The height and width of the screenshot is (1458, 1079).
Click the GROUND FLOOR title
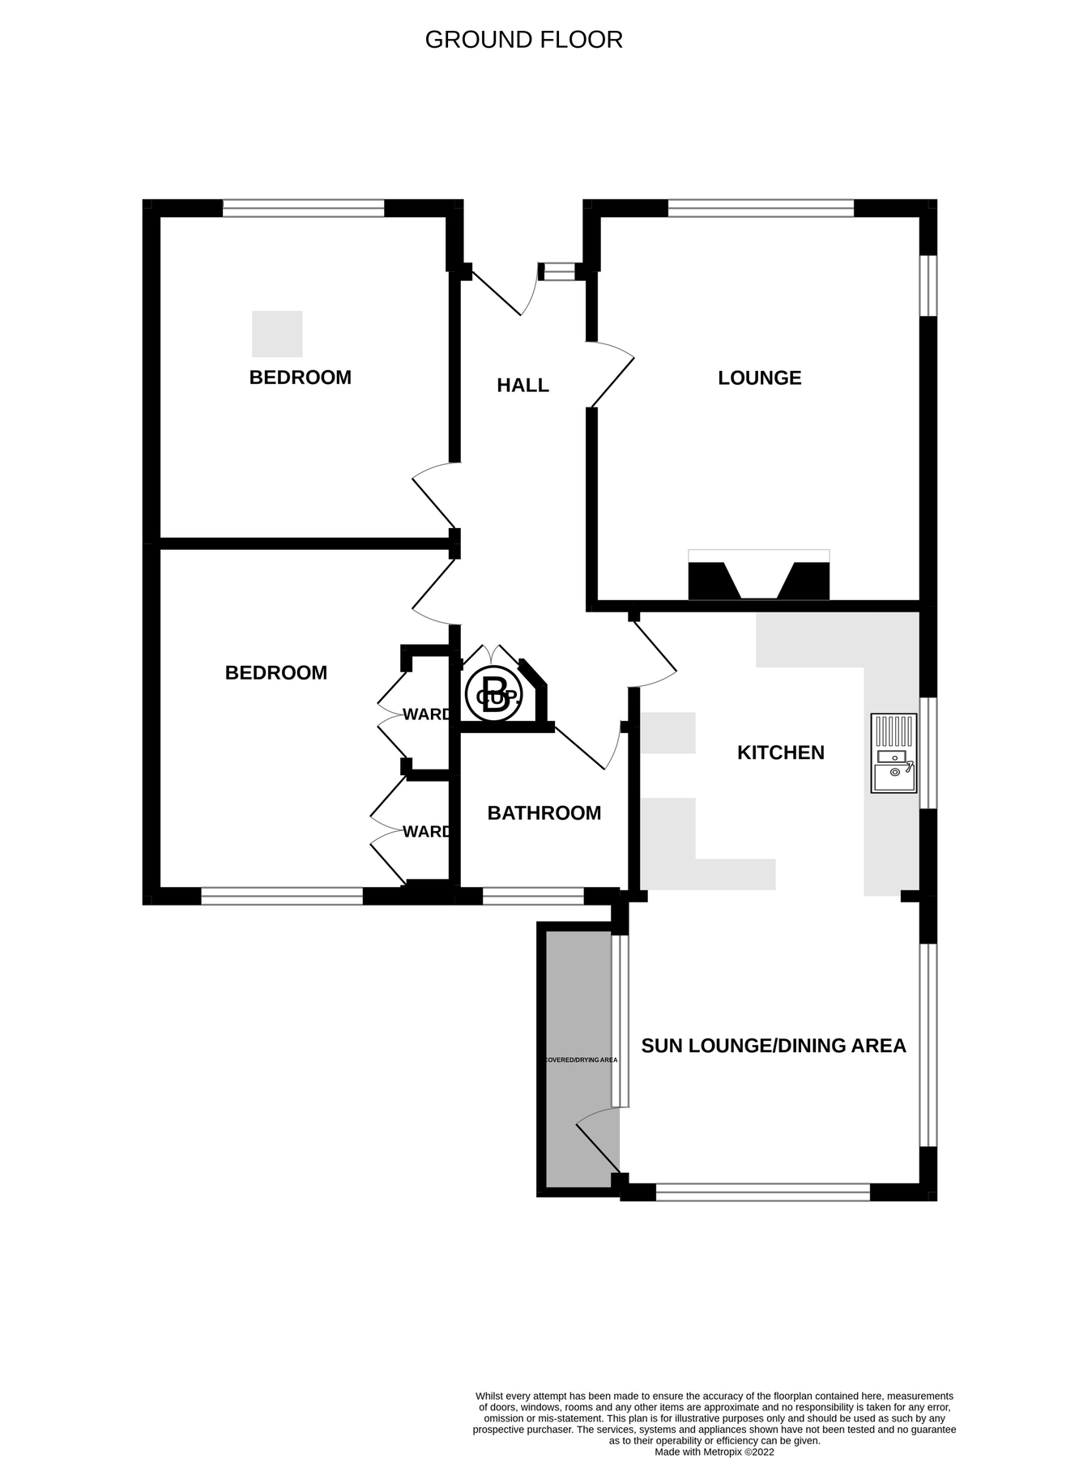click(523, 40)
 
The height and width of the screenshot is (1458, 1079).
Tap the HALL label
click(522, 386)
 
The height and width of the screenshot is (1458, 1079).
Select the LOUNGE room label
click(759, 378)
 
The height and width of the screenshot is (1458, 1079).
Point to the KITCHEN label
click(780, 752)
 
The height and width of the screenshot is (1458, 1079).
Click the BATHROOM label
click(544, 813)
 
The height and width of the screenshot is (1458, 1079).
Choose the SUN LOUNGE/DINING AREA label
click(773, 1046)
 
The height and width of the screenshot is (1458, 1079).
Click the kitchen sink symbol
click(893, 752)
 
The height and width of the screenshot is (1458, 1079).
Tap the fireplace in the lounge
click(758, 576)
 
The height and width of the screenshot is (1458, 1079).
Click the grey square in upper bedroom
click(277, 334)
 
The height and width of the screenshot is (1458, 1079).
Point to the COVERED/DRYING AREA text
click(580, 1059)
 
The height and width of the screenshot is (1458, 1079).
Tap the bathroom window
click(533, 896)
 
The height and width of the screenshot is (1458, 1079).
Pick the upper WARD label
click(427, 714)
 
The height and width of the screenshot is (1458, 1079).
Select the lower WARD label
click(427, 832)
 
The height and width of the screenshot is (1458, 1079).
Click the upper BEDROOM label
click(300, 377)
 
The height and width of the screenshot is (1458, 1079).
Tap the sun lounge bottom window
click(762, 1192)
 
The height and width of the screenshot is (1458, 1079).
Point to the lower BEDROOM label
click(275, 673)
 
